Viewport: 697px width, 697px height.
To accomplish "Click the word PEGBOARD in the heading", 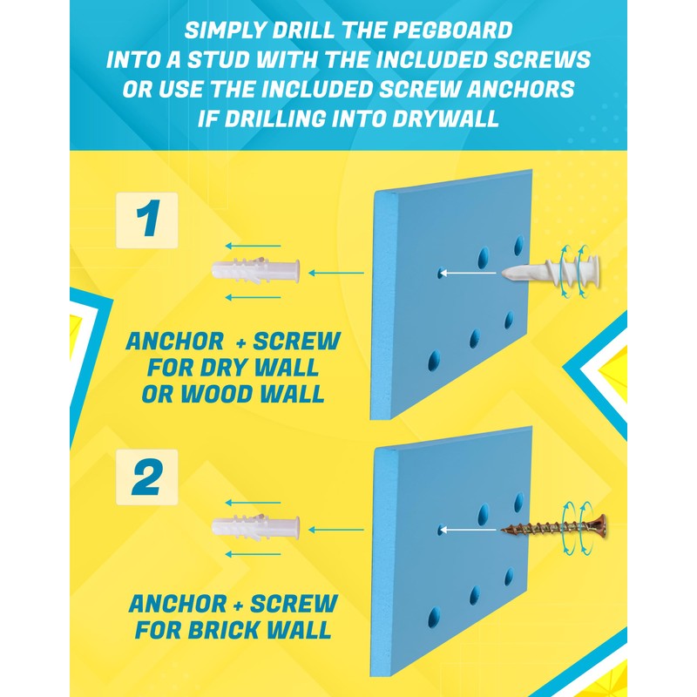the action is [x=452, y=30].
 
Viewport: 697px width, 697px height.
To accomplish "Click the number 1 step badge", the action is [x=146, y=220].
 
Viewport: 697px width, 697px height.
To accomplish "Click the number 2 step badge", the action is [x=146, y=477].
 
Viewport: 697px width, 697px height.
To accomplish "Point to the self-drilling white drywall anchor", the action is [x=552, y=271].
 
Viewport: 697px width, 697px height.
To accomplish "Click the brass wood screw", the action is [x=554, y=528].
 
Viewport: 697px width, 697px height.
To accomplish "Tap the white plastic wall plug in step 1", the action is [x=255, y=270].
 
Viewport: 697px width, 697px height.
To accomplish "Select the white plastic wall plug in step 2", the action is [x=255, y=527].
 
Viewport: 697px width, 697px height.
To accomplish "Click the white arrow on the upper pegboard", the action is [x=467, y=273].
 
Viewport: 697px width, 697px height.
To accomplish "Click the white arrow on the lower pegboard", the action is [x=467, y=530].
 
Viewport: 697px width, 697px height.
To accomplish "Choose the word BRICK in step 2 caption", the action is [x=225, y=630].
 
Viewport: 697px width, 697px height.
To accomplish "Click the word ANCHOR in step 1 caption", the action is [x=175, y=342].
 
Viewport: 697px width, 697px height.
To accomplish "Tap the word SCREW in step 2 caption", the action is [x=294, y=604].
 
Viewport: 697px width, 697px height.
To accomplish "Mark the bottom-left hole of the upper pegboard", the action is [x=434, y=360].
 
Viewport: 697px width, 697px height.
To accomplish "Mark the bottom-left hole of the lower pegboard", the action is [x=434, y=618].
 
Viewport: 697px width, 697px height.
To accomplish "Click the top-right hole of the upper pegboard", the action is [x=518, y=246].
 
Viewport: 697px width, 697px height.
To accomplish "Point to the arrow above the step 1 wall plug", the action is [x=253, y=246].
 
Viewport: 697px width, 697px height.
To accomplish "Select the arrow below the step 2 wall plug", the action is [x=253, y=554].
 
